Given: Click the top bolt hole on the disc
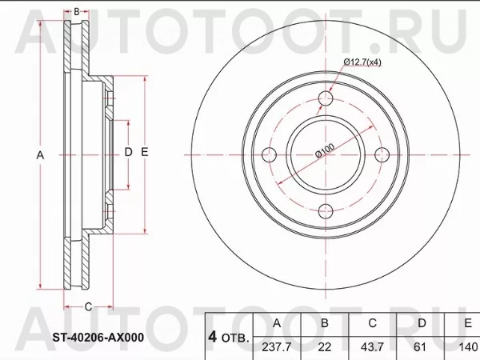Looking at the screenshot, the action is click(x=326, y=98).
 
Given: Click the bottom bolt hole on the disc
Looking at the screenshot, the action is click(x=326, y=211).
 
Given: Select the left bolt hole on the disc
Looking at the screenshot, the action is click(x=269, y=154).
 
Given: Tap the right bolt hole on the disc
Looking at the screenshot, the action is click(x=382, y=154).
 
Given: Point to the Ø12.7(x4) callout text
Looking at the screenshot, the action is click(x=362, y=62).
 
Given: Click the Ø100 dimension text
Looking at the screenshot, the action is click(x=325, y=150).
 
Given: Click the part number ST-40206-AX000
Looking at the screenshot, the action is click(x=98, y=338).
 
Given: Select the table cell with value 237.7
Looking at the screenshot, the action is click(x=277, y=347).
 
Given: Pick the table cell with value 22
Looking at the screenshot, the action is click(x=325, y=347).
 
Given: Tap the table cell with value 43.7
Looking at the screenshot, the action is click(x=372, y=347).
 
